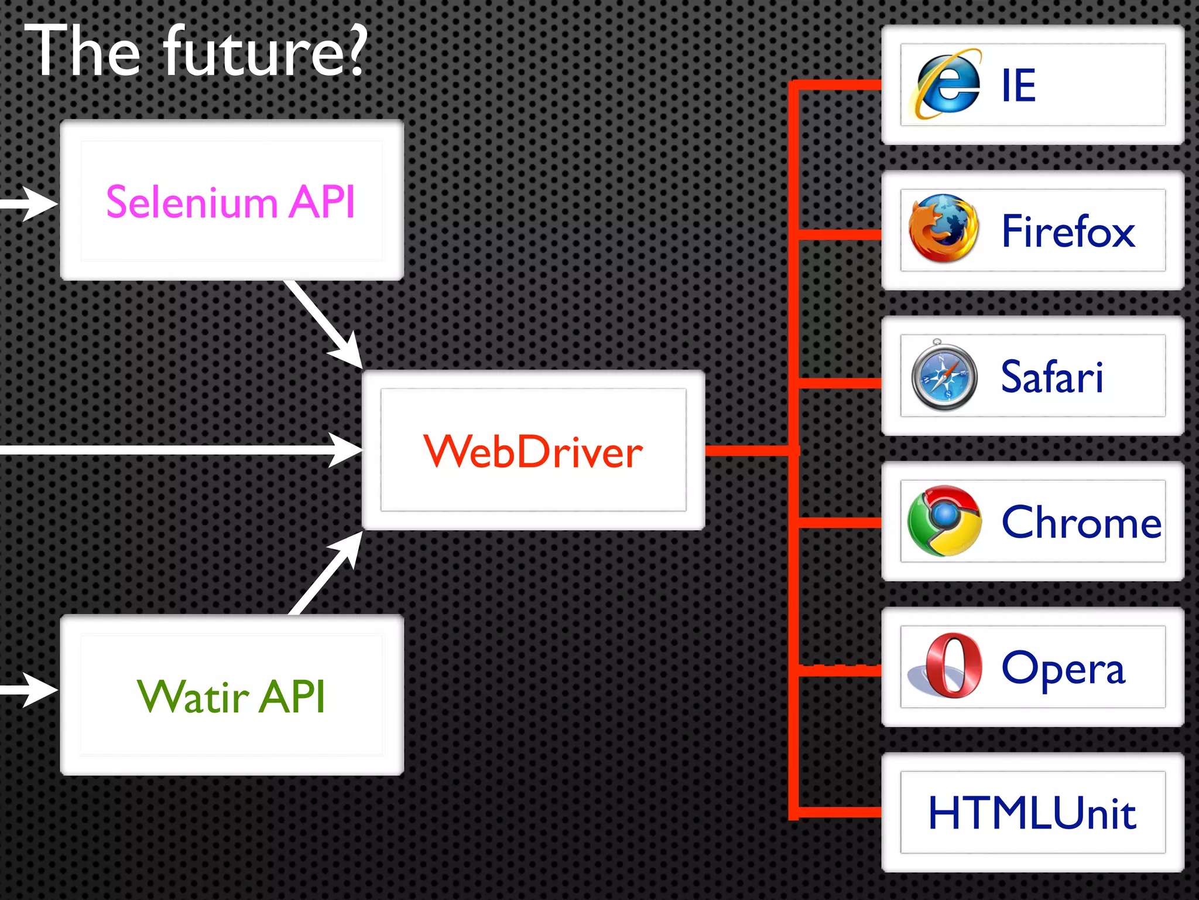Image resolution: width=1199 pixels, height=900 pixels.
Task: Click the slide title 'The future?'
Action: click(196, 52)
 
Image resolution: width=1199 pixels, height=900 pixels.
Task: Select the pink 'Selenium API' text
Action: click(231, 202)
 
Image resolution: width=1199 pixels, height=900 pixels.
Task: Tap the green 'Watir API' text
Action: click(231, 697)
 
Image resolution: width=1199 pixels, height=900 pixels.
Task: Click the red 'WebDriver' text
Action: click(533, 452)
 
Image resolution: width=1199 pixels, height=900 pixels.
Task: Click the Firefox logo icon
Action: click(943, 229)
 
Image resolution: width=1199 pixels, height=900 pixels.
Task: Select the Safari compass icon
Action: click(944, 376)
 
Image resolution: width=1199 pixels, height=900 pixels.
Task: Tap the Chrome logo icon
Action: click(944, 521)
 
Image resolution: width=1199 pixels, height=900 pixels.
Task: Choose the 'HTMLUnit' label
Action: click(1032, 813)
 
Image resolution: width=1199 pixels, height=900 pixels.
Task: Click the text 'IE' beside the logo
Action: click(1019, 86)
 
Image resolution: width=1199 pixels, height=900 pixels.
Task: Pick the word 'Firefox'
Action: click(1068, 231)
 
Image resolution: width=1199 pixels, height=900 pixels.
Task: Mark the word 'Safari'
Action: click(1051, 377)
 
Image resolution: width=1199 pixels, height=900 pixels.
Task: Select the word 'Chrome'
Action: click(1081, 522)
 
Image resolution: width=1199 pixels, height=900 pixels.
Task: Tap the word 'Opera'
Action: click(1063, 668)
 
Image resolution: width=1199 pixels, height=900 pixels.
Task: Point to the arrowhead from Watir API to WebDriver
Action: click(348, 547)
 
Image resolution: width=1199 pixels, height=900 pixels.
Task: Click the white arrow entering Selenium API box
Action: click(35, 204)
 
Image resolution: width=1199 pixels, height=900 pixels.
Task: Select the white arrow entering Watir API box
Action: click(35, 690)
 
